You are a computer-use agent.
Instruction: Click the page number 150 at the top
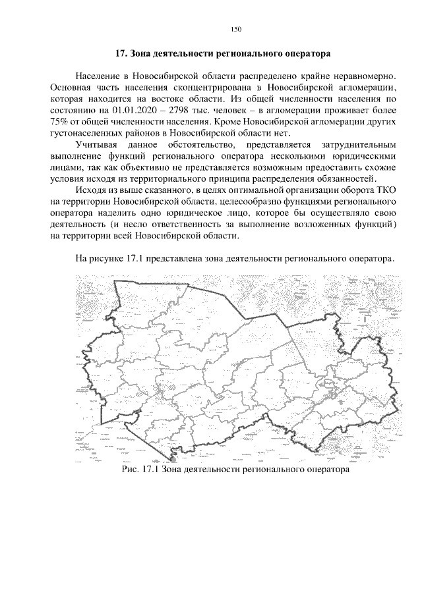[237, 28]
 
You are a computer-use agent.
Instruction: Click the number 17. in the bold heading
[121, 52]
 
